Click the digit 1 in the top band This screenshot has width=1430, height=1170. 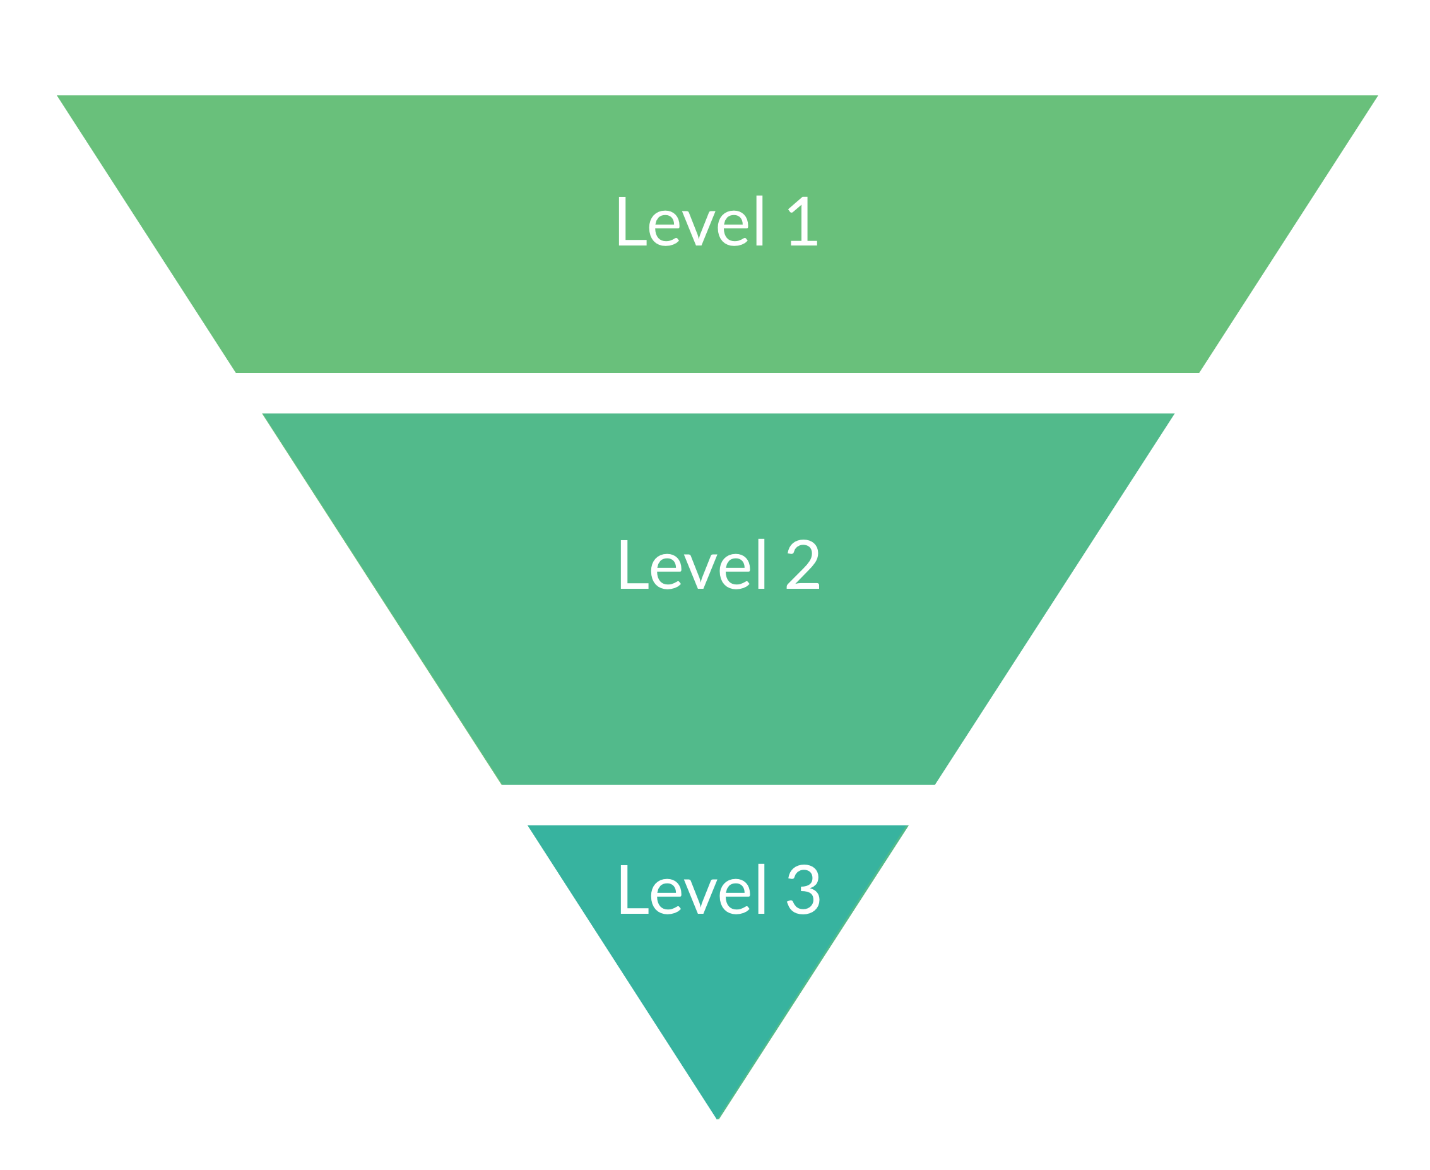click(803, 221)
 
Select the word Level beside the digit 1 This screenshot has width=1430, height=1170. click(691, 220)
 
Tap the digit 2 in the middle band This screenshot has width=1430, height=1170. click(803, 564)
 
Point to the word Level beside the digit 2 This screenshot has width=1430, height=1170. click(693, 564)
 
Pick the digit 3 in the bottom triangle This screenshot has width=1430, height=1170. click(803, 889)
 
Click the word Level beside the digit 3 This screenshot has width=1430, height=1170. click(693, 889)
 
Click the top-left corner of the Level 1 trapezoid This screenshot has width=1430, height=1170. click(57, 96)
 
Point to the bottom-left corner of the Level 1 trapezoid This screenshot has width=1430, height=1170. click(236, 373)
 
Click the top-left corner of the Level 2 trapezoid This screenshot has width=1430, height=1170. click(262, 414)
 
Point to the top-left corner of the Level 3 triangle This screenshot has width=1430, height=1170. click(528, 825)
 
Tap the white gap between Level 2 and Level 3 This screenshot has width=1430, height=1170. click(718, 805)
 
